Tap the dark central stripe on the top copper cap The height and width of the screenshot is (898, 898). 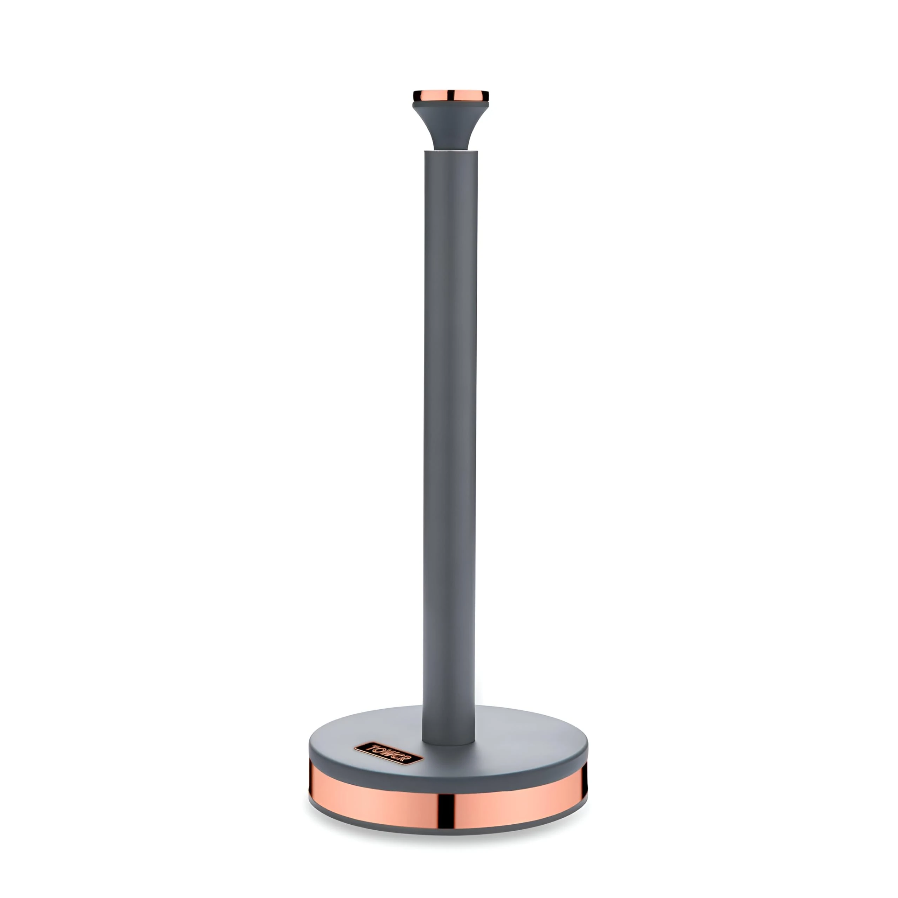pyautogui.click(x=450, y=96)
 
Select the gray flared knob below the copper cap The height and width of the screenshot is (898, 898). pyautogui.click(x=450, y=126)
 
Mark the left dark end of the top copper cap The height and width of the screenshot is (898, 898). pyautogui.click(x=414, y=96)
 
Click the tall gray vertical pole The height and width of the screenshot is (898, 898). pyautogui.click(x=449, y=418)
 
